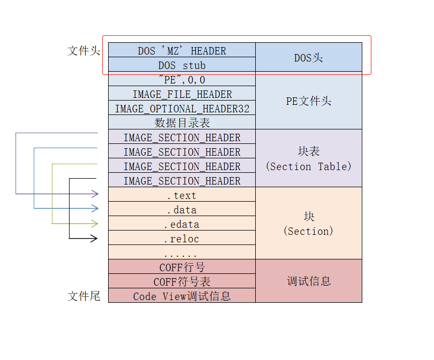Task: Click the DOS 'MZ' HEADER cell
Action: (182, 51)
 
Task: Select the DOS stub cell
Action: (182, 65)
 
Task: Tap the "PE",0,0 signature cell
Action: (182, 80)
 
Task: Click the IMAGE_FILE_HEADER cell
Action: (182, 94)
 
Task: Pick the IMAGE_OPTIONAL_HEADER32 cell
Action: (182, 109)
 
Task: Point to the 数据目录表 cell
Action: (182, 123)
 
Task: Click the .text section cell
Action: (182, 196)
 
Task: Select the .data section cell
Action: (182, 210)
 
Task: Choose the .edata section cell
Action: (182, 225)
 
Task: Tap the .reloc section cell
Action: (182, 239)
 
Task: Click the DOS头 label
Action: (308, 58)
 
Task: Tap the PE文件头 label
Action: (308, 101)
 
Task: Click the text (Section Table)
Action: (308, 166)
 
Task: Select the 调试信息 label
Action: (308, 281)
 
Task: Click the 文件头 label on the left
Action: (84, 51)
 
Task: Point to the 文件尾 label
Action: (84, 296)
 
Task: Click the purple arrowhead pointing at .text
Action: (95, 194)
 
